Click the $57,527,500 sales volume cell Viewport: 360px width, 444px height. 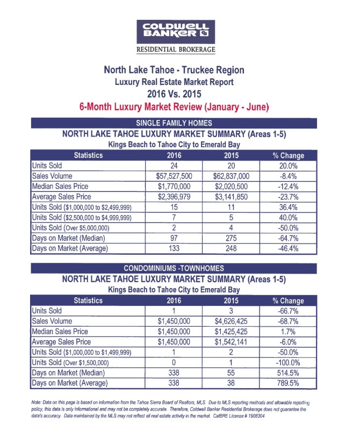pos(174,176)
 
